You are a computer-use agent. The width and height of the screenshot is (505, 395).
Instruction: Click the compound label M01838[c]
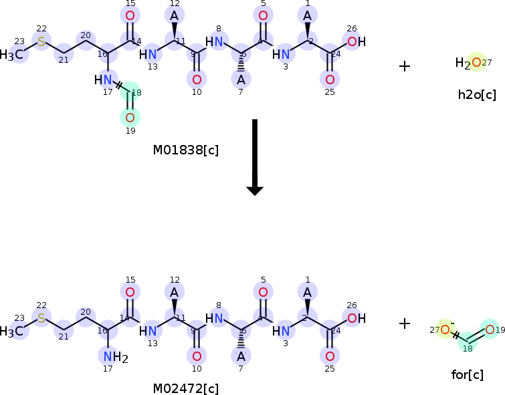click(x=185, y=150)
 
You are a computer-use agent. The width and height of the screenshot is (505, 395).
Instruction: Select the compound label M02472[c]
click(x=185, y=388)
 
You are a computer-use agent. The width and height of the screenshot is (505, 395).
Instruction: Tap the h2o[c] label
click(x=477, y=94)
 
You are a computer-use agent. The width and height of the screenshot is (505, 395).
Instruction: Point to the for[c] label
click(x=467, y=374)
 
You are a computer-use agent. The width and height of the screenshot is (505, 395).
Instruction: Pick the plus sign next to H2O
click(x=404, y=65)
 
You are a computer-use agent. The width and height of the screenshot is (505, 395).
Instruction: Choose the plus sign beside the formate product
click(x=404, y=323)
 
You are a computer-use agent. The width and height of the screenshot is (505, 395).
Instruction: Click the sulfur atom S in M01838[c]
click(x=41, y=42)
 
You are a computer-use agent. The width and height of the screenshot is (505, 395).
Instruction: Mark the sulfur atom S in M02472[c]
click(x=41, y=318)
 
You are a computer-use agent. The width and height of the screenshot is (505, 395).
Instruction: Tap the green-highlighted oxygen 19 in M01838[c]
click(x=130, y=118)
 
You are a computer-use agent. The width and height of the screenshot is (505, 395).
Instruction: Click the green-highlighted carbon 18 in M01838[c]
click(x=130, y=94)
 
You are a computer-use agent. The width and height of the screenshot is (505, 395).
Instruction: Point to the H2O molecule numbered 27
click(x=471, y=63)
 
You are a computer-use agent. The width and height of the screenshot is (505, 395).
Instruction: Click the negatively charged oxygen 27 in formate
click(x=445, y=329)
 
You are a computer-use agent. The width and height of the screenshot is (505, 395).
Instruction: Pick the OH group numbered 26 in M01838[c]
click(x=357, y=42)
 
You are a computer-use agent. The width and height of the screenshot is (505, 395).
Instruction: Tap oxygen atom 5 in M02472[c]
click(x=263, y=292)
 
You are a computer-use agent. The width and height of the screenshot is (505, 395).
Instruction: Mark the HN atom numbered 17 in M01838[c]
click(x=104, y=81)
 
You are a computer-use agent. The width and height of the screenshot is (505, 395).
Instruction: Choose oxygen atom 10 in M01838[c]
click(x=197, y=80)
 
